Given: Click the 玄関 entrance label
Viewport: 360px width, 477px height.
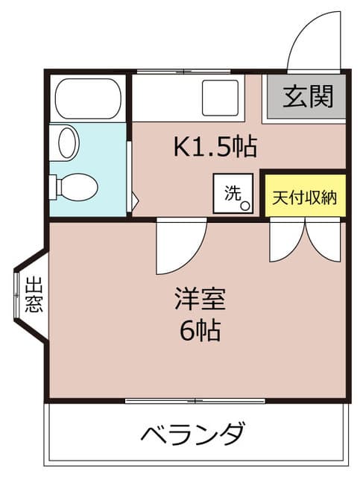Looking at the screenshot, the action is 308,96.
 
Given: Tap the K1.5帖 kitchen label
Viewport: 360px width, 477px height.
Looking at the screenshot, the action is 215,147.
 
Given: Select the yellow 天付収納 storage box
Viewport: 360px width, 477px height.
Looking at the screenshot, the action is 306,195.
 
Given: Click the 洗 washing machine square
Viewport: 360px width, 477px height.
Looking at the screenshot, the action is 233,193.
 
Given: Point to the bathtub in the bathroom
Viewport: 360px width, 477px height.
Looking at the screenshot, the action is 88,98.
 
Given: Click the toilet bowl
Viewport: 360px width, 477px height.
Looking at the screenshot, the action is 78,187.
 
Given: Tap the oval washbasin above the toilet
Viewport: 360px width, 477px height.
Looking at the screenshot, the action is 67,142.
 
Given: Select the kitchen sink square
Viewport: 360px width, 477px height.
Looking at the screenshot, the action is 220,98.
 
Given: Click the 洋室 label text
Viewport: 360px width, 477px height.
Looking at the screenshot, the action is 200,299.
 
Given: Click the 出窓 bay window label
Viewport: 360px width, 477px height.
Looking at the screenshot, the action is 34,294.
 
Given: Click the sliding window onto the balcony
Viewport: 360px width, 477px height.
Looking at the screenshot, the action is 195,401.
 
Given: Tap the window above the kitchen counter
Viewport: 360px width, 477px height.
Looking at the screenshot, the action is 183,72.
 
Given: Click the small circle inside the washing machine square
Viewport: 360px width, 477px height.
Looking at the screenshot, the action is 245,206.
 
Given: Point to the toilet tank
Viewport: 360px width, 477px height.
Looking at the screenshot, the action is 53,187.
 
